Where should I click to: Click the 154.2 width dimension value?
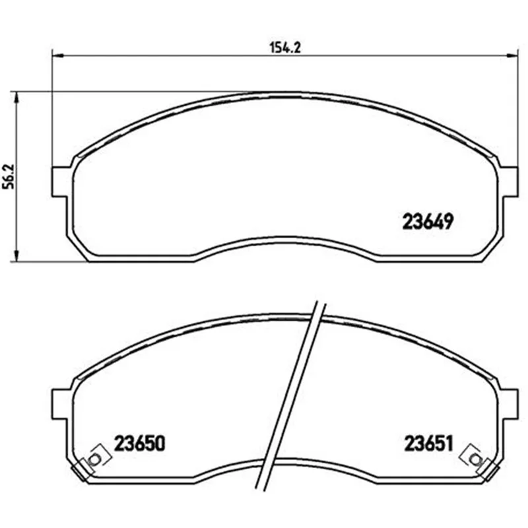[285, 48]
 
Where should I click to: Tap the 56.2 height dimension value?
[9, 176]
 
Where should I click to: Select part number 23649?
[428, 222]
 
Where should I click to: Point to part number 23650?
[140, 443]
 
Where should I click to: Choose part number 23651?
[428, 443]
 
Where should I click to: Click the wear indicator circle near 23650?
[94, 459]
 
